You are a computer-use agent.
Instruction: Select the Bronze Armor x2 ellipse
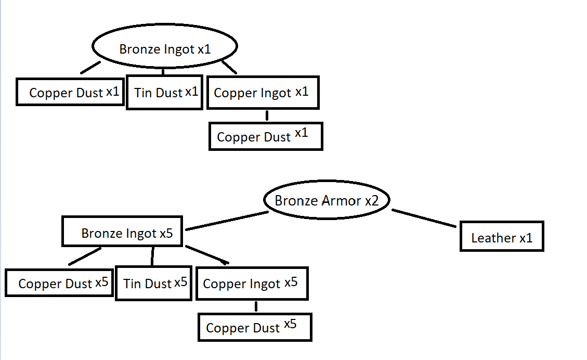[327, 201]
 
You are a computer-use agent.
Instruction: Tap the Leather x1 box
[501, 237]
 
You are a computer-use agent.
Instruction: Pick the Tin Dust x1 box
[164, 93]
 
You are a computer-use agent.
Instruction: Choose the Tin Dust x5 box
[154, 284]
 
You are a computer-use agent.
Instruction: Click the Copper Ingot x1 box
[263, 93]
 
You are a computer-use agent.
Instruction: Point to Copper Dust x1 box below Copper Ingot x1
[266, 136]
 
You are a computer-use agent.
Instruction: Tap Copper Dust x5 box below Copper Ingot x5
[255, 328]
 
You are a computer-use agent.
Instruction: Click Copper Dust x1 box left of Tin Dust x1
[70, 92]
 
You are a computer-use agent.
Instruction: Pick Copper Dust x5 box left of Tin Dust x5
[59, 283]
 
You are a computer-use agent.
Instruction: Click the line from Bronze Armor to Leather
[424, 217]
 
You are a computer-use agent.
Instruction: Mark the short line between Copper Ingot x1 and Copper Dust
[267, 115]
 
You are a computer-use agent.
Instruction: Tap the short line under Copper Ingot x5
[256, 306]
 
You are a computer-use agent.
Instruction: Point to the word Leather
[493, 238]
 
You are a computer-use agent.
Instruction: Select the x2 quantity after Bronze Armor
[372, 201]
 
